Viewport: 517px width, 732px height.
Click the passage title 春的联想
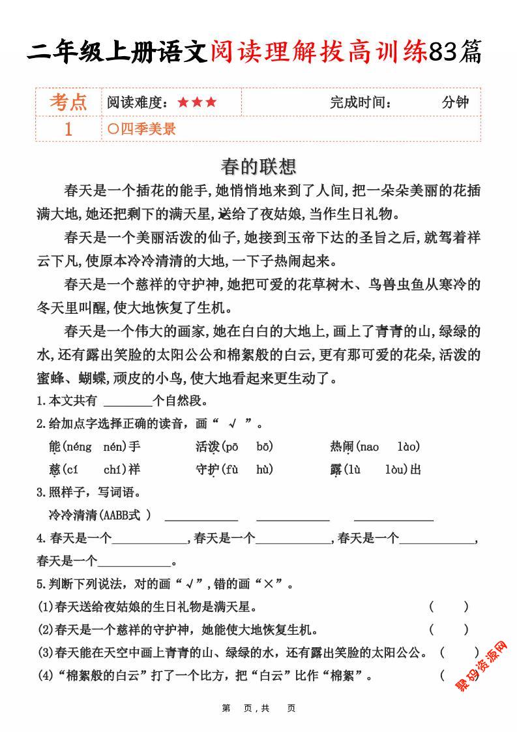click(x=258, y=166)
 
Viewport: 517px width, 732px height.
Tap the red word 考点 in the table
click(x=68, y=102)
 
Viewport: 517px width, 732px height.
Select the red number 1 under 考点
click(x=68, y=129)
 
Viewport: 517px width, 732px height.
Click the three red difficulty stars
click(x=197, y=102)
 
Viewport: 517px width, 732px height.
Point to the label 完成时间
click(x=361, y=102)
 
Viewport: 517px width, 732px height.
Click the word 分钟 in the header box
click(x=455, y=102)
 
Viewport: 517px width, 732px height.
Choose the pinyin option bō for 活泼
click(x=264, y=447)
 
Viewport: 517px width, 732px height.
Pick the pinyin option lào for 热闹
click(x=408, y=447)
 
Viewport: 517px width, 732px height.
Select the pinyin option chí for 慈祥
click(x=115, y=469)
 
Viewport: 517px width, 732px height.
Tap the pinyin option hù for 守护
click(x=264, y=469)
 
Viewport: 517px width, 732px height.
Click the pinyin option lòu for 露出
click(x=396, y=469)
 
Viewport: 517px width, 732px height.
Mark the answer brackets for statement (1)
click(x=449, y=607)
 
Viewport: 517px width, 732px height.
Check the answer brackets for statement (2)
click(x=449, y=630)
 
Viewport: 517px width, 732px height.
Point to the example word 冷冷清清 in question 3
click(x=72, y=515)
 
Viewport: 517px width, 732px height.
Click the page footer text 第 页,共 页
click(x=259, y=708)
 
